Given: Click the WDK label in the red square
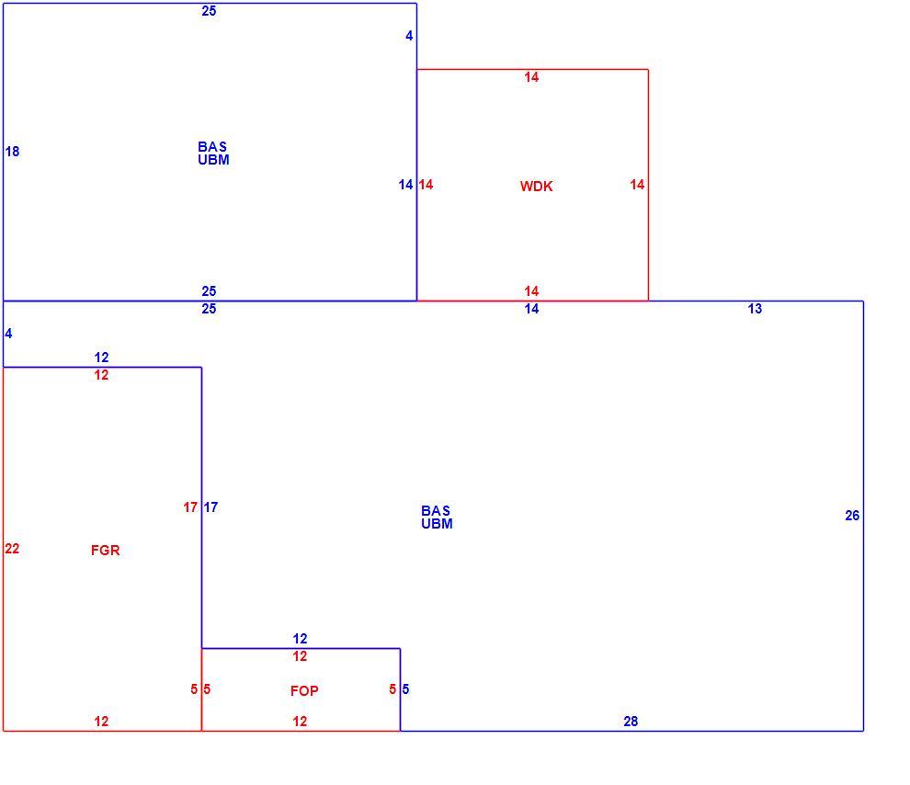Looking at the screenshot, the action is tap(536, 187).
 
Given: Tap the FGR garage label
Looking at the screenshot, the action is tap(105, 550).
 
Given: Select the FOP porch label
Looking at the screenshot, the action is tap(304, 691).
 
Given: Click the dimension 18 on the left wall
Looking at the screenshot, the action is tap(12, 152).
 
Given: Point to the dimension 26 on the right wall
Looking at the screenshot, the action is tap(852, 515).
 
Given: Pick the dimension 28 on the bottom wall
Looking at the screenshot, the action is tap(631, 722).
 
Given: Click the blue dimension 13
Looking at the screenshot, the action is tap(755, 309).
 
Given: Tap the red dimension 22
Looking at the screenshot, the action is tap(12, 548).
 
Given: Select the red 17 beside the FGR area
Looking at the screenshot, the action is tap(190, 507).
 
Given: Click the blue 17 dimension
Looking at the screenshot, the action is tap(210, 507).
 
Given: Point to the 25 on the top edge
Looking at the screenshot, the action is tap(209, 10).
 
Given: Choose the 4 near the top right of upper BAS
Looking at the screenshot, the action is tap(409, 36).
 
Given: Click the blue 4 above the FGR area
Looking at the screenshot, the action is tap(8, 334).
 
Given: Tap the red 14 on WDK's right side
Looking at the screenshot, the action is tap(637, 185).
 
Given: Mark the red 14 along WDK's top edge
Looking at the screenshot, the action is tap(531, 77).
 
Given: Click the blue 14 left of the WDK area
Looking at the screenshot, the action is tap(405, 185).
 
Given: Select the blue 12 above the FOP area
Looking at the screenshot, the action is tap(300, 639).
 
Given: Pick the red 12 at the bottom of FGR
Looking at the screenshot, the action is tap(101, 722).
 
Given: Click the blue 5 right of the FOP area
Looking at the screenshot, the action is tap(405, 689).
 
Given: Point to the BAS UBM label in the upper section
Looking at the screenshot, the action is tap(213, 154).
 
